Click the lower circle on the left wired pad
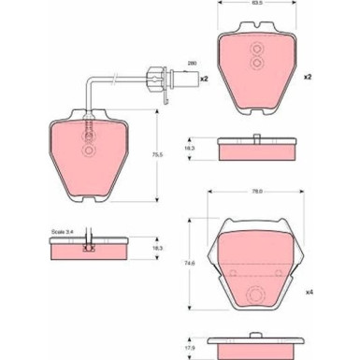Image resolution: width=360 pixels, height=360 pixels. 88,151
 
